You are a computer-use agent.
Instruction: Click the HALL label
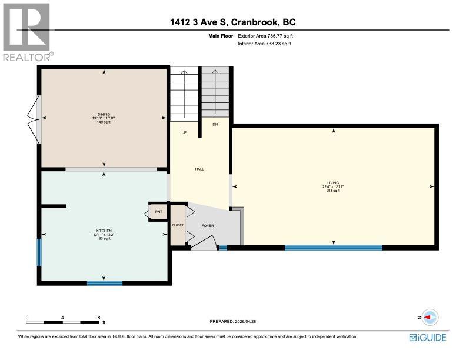tap(199, 169)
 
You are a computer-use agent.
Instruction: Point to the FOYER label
tap(208, 225)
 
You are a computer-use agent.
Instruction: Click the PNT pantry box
tap(158, 211)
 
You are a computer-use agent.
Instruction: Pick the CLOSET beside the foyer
tap(177, 225)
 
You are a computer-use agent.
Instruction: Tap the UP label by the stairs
tap(184, 132)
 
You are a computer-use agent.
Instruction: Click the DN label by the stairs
tap(215, 124)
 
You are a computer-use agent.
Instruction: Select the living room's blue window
tap(333, 248)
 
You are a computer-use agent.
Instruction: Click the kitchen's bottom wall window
tap(105, 284)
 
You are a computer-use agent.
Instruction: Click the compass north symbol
tap(429, 317)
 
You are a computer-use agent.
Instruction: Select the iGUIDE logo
tap(428, 337)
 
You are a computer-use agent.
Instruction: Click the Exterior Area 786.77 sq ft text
tap(265, 36)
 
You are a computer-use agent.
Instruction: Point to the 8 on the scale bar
tap(99, 317)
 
